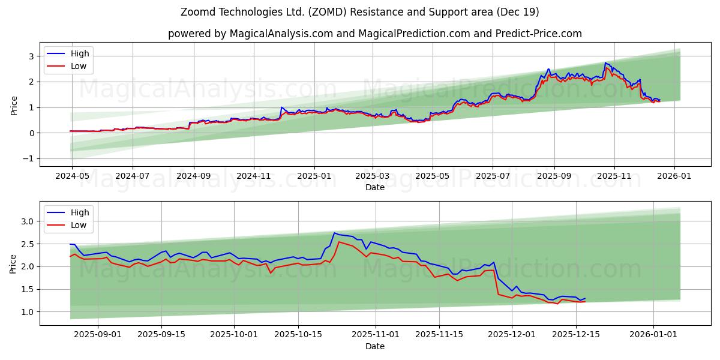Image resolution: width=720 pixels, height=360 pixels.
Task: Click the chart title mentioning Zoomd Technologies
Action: point(359,12)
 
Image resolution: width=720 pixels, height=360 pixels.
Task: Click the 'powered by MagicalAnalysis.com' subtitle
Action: point(374,34)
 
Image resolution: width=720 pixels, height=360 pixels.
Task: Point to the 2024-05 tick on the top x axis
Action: point(72,177)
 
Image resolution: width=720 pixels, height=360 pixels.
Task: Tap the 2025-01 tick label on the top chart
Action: point(314,177)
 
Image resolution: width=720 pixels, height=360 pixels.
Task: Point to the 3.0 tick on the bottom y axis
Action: point(29,221)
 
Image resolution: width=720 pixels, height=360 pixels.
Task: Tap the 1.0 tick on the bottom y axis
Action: point(29,311)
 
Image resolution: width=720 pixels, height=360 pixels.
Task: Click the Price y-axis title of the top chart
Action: point(14,106)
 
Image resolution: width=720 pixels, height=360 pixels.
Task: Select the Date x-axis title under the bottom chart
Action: point(374,346)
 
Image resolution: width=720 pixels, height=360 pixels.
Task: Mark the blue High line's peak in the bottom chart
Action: point(334,233)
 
